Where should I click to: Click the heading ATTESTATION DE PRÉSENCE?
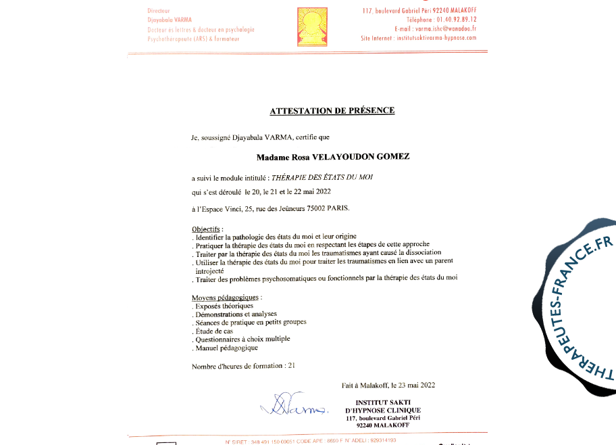332,111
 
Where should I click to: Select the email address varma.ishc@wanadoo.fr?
447,29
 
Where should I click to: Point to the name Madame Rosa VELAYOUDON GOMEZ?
333,157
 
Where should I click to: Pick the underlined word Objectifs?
207,229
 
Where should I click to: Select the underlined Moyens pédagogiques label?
226,298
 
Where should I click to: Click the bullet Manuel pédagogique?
226,348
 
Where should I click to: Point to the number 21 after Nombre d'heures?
292,366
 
